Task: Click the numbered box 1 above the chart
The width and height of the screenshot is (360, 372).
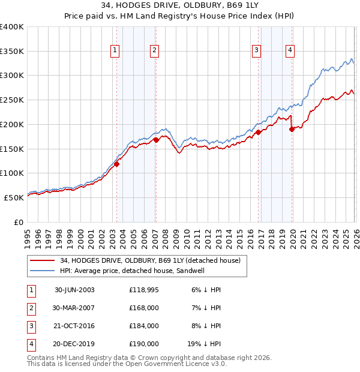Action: (115, 51)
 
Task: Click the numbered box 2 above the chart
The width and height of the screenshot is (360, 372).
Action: (154, 51)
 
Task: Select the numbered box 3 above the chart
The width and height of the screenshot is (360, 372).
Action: (256, 51)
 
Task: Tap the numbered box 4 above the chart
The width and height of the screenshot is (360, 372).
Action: (290, 51)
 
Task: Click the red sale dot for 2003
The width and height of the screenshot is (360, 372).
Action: (117, 164)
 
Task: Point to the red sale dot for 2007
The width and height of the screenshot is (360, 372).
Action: (156, 140)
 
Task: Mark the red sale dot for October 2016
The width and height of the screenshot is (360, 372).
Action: (258, 132)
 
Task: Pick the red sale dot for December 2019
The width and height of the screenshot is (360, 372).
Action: (292, 128)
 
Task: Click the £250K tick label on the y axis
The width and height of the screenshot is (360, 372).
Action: (12, 100)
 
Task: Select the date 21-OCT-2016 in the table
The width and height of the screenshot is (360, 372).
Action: (74, 326)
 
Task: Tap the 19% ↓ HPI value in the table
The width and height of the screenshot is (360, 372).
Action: (203, 344)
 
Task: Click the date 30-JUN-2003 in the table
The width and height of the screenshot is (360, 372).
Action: (74, 289)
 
